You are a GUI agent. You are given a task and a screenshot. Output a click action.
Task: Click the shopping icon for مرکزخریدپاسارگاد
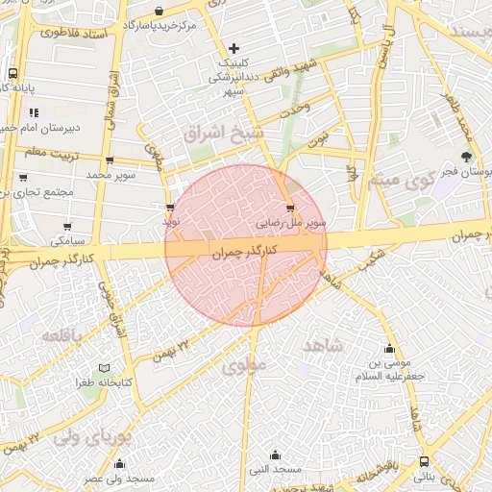point(159,11)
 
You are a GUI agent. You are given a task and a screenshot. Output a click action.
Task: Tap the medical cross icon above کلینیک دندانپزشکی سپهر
point(234,48)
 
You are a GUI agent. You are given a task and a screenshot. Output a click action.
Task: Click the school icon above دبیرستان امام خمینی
point(34,112)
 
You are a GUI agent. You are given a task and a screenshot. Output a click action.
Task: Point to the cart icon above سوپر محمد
point(110,160)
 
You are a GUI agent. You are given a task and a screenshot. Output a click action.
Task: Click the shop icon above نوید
point(170,207)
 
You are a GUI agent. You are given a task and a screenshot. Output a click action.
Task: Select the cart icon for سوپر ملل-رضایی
point(290,208)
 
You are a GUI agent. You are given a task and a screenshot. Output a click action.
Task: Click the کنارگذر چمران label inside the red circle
point(243,250)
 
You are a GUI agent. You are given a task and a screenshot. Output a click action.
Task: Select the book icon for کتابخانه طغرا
point(104,368)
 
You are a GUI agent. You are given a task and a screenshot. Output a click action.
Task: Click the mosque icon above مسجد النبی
point(276,455)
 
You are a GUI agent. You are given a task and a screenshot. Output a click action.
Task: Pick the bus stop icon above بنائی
point(424,462)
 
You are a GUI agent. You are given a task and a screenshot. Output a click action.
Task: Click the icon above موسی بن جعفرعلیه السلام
point(388,350)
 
